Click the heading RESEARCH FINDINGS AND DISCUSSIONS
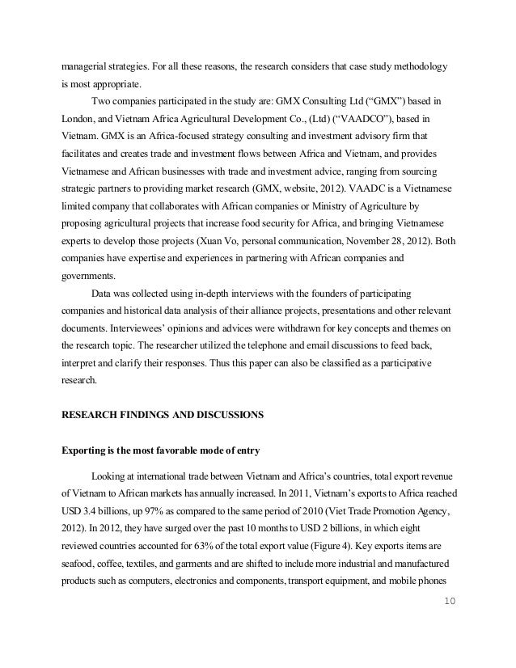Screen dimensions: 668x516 click(163, 415)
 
